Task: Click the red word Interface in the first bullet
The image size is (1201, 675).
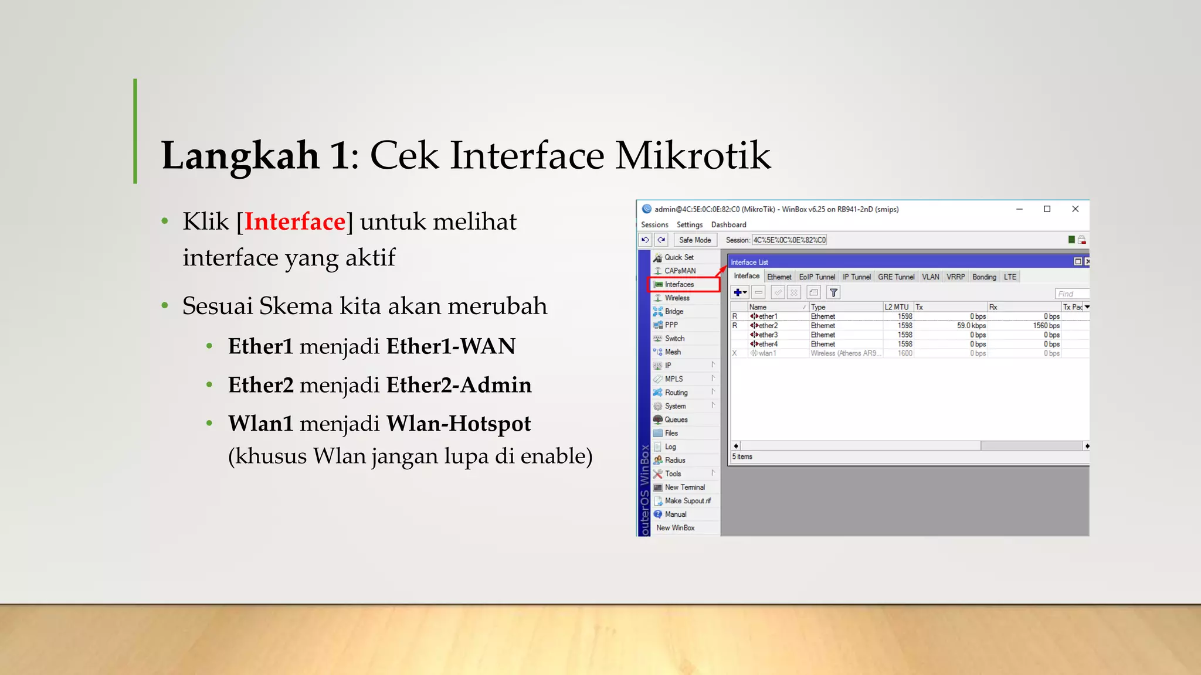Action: [x=295, y=221]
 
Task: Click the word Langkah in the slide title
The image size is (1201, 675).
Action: [x=240, y=155]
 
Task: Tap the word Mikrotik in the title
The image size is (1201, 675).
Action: [x=693, y=155]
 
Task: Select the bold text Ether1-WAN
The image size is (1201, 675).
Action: [x=450, y=346]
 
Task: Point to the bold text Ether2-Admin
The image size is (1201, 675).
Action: [x=459, y=385]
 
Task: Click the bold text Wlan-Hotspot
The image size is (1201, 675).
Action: [x=458, y=424]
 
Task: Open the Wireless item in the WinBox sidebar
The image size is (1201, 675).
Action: [x=677, y=298]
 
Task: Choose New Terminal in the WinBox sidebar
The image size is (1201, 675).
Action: [x=684, y=487]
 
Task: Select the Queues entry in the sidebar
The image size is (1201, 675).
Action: [x=676, y=420]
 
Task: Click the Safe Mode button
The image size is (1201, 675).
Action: [x=694, y=240]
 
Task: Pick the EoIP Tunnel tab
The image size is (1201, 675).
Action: [x=816, y=277]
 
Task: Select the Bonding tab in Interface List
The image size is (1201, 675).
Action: [x=983, y=277]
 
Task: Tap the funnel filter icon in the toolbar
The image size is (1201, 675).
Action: [x=833, y=292]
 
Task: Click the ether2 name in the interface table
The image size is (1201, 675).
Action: [x=768, y=326]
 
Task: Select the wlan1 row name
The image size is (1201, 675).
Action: [x=767, y=353]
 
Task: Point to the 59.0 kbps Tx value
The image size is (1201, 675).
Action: [x=971, y=326]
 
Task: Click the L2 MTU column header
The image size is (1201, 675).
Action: [x=896, y=307]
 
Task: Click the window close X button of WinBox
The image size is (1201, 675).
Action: [x=1075, y=209]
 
